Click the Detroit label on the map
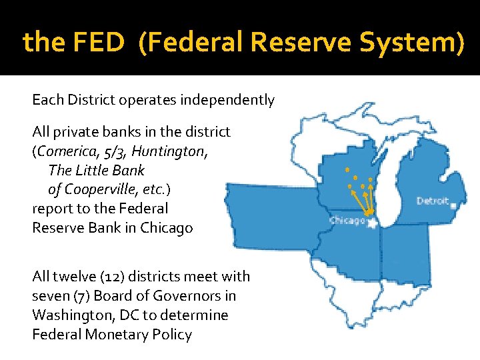(x=433, y=201)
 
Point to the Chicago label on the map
(x=347, y=221)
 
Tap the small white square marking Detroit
(x=453, y=206)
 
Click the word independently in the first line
(x=231, y=100)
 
